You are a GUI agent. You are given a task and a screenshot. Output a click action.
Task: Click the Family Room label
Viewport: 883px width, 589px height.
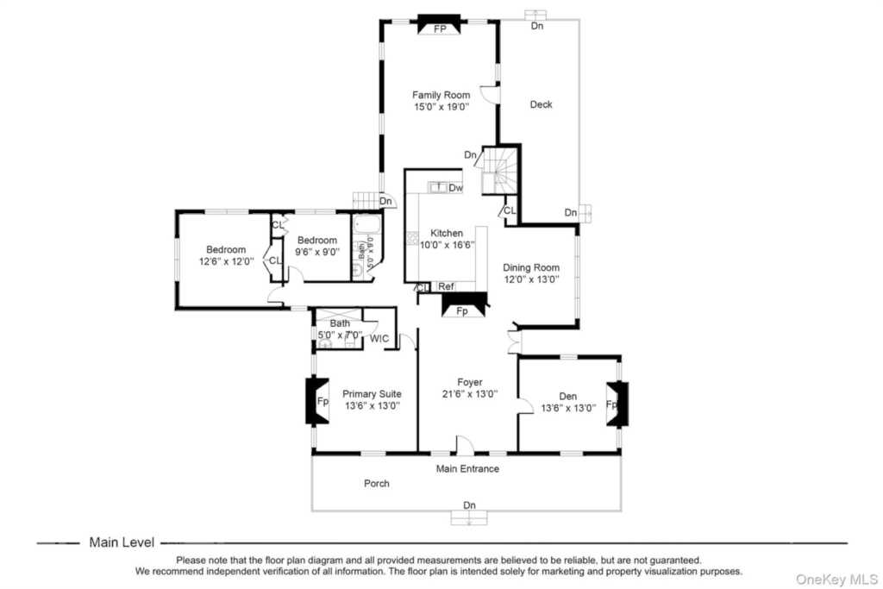click(x=440, y=95)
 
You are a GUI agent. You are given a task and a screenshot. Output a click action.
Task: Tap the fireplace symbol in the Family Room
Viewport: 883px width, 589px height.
click(x=439, y=26)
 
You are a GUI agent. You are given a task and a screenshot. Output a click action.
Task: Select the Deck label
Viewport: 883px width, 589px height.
click(x=541, y=104)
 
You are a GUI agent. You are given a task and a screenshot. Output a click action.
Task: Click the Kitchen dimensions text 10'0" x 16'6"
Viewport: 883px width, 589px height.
click(x=447, y=244)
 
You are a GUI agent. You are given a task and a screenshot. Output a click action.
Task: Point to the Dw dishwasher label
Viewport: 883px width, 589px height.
click(x=456, y=187)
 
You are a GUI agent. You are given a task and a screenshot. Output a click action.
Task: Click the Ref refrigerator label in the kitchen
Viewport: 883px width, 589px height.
click(x=446, y=286)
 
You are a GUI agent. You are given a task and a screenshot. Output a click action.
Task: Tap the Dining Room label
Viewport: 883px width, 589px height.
click(x=531, y=267)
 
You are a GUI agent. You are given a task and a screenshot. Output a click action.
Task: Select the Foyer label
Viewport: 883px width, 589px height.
click(x=470, y=382)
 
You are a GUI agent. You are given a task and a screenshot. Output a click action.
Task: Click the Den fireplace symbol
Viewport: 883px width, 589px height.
click(x=614, y=404)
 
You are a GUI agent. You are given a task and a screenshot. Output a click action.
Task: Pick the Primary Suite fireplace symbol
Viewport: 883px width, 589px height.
click(x=318, y=401)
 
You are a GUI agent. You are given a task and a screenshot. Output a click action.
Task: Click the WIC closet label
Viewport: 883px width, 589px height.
click(x=379, y=339)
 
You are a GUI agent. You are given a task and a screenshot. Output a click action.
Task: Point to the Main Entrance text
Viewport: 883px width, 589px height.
click(x=467, y=468)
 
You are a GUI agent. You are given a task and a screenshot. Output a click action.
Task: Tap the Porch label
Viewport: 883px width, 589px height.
click(x=376, y=483)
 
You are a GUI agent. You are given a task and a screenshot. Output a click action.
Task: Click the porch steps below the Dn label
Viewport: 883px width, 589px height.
click(x=468, y=518)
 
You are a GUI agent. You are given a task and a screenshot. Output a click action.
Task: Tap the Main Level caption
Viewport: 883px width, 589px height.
click(x=122, y=542)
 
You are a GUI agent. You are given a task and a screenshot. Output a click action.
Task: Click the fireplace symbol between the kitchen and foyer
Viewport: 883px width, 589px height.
click(x=463, y=304)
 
